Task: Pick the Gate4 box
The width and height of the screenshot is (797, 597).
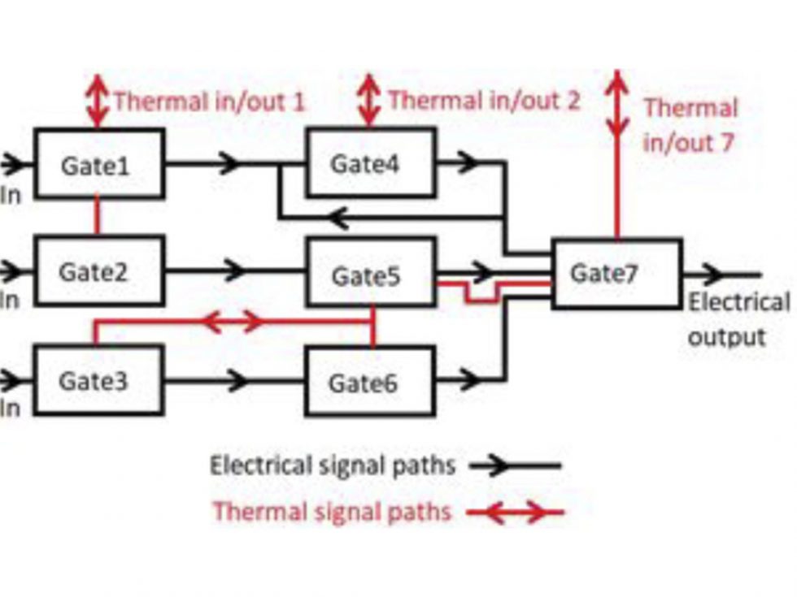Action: (370, 163)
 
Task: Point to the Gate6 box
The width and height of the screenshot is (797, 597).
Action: (370, 381)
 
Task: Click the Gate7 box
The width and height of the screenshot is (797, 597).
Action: (616, 274)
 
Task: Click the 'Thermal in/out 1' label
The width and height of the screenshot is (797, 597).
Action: (209, 102)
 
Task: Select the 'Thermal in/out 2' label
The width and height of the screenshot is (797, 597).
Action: (484, 101)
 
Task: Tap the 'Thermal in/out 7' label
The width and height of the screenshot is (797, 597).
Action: (690, 125)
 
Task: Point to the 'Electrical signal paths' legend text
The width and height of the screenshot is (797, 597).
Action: (332, 465)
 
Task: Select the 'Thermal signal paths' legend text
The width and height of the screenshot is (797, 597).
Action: (331, 512)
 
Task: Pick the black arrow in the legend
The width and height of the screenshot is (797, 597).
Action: (514, 465)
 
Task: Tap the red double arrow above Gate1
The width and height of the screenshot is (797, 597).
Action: (98, 101)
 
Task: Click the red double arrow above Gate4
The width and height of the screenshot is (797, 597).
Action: (370, 101)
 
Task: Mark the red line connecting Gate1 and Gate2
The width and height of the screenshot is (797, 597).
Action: (98, 216)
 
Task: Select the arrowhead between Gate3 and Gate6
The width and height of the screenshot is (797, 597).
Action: (236, 379)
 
